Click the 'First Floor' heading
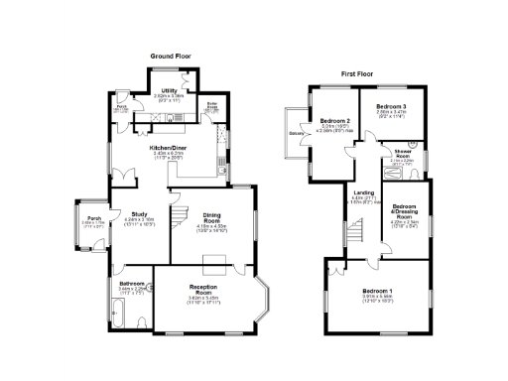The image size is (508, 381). [361, 74]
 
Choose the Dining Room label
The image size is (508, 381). [212, 216]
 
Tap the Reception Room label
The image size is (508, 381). [202, 290]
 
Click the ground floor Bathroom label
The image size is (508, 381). [133, 284]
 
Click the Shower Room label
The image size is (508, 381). [403, 155]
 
